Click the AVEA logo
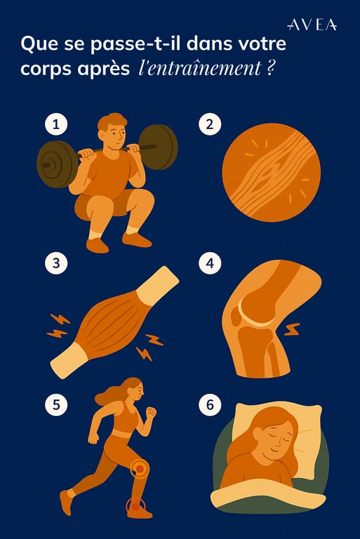point(312,25)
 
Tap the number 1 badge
point(56,124)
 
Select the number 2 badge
point(210,124)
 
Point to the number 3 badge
point(56,263)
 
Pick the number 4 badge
point(210,263)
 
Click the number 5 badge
point(56,404)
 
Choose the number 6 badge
point(210,404)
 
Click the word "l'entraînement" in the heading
point(199,68)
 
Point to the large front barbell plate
point(58,164)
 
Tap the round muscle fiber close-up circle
point(272,173)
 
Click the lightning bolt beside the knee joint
point(292,329)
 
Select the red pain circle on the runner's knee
point(140,468)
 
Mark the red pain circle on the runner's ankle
point(136,506)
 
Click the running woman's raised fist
point(151,412)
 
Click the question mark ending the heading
point(270,68)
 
